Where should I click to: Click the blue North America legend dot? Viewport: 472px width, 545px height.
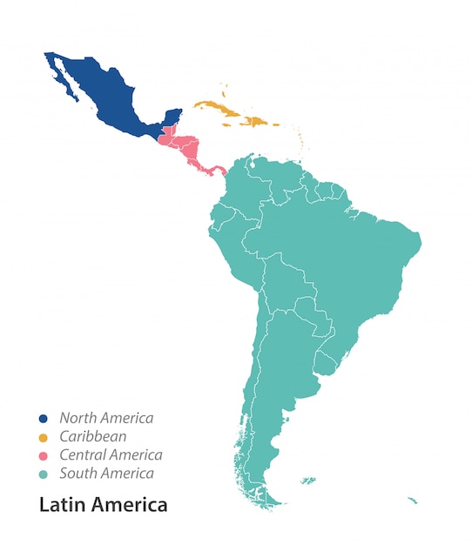coord(44,419)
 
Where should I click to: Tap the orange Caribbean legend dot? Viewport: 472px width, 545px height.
coord(44,437)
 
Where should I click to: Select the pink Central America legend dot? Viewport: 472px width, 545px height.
coord(44,455)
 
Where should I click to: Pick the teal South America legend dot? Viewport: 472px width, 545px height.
coord(44,474)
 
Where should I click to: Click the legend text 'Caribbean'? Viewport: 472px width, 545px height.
coord(92,437)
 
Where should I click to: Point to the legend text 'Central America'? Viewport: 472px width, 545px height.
coord(111,455)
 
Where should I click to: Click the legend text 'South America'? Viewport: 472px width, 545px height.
coord(106,474)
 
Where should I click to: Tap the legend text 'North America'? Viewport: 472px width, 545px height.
coord(106,419)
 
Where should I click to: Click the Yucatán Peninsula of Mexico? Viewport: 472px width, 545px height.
coord(172,118)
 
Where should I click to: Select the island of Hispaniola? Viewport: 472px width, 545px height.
coord(256,122)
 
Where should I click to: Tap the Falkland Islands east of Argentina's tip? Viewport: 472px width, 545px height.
coord(307,480)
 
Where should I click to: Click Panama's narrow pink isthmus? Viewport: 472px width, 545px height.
coord(212,169)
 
